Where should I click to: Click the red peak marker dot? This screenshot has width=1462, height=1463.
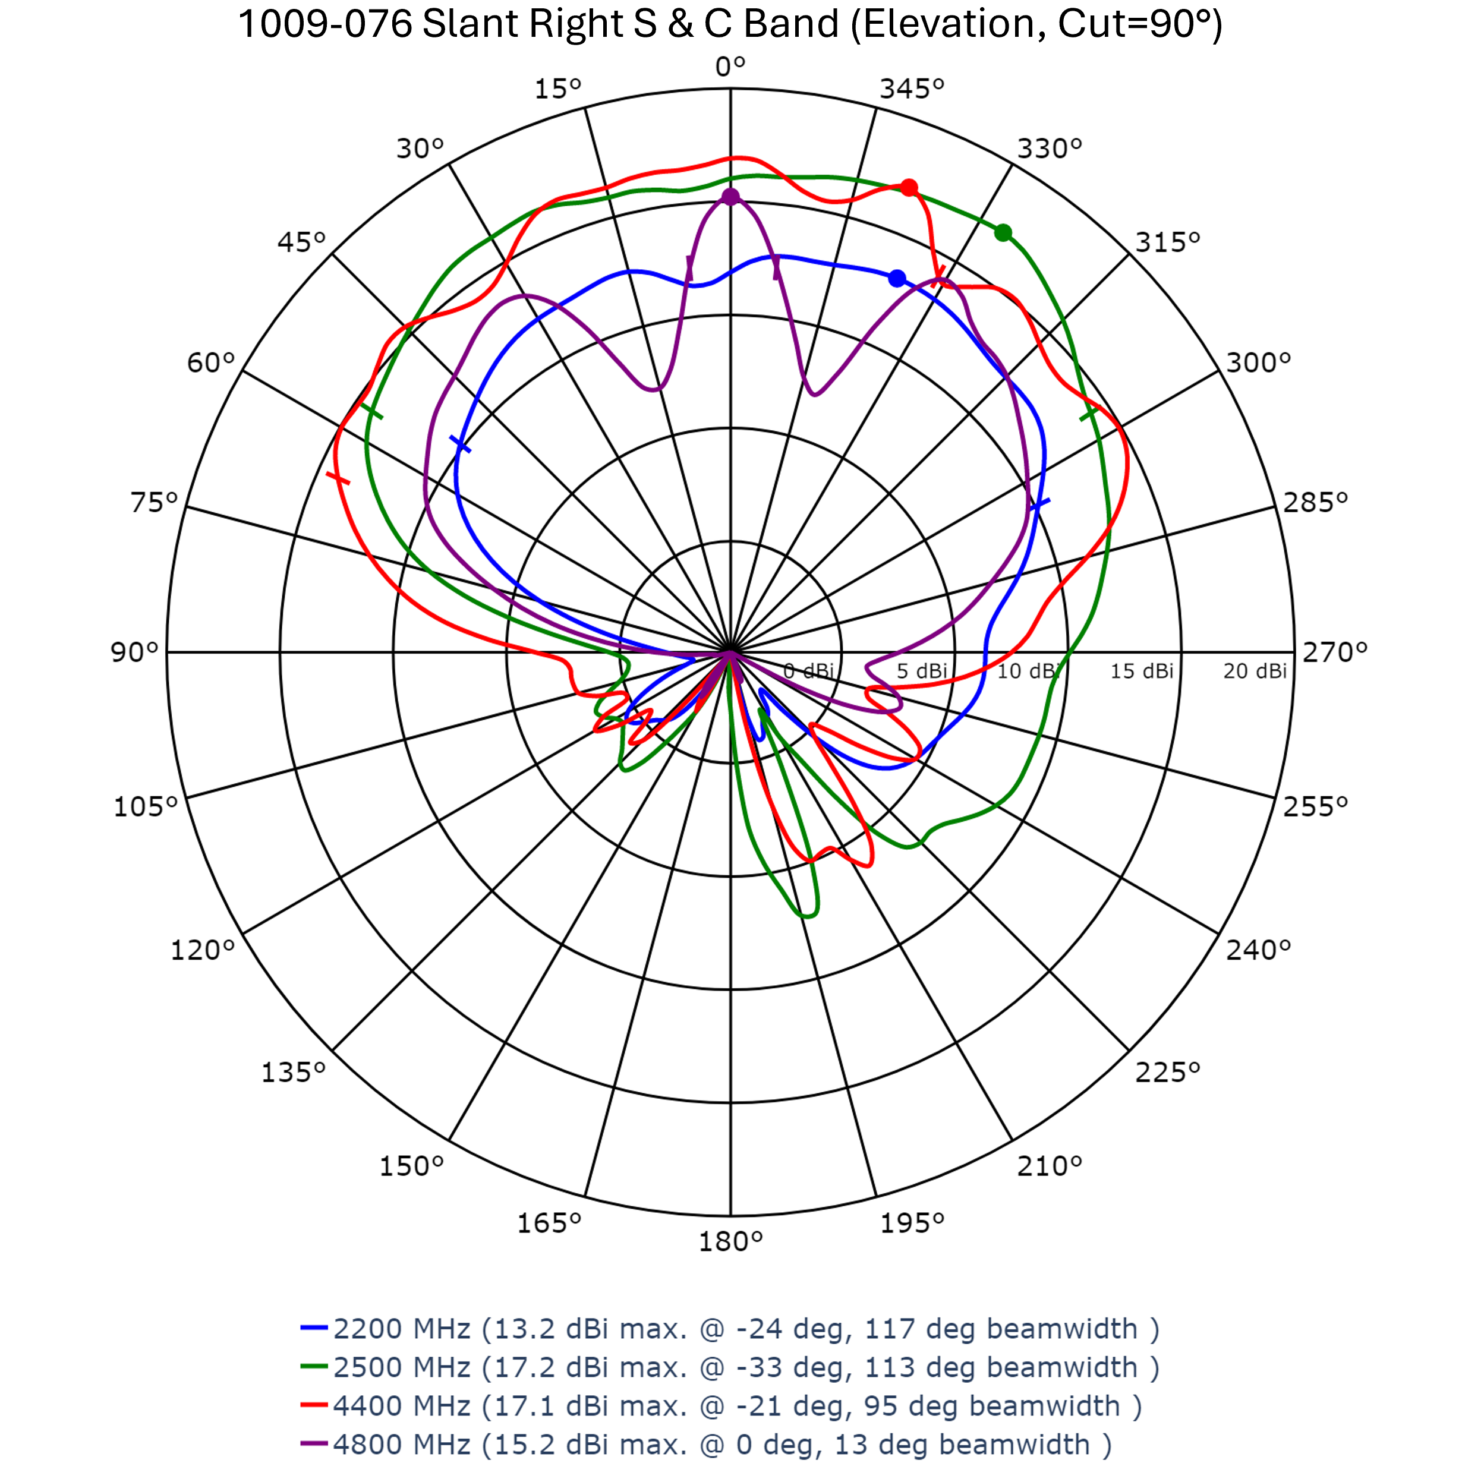[x=909, y=187]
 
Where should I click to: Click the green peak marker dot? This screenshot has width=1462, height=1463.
[x=1003, y=232]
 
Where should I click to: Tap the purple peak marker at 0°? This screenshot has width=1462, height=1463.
[x=730, y=197]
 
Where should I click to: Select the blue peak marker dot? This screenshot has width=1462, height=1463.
[x=897, y=279]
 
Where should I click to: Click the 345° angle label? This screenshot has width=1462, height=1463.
[x=912, y=89]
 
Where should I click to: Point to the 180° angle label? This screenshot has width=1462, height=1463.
[x=730, y=1242]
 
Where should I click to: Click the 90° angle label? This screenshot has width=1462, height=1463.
[x=135, y=652]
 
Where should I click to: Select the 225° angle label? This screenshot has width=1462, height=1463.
[x=1167, y=1072]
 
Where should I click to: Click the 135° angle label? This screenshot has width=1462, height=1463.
[x=293, y=1072]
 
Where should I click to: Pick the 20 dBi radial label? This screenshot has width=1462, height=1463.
[x=1255, y=671]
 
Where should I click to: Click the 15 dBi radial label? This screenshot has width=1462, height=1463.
[x=1142, y=671]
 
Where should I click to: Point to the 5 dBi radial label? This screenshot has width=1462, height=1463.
[x=922, y=671]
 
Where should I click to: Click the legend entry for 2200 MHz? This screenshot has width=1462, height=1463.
[x=730, y=1329]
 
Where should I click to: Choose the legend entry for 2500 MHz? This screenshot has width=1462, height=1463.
[x=730, y=1367]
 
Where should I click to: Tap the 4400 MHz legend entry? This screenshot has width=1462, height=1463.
[x=721, y=1406]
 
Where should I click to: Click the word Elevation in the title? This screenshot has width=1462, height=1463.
[x=951, y=24]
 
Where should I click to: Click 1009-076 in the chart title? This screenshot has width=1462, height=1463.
[x=325, y=24]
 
